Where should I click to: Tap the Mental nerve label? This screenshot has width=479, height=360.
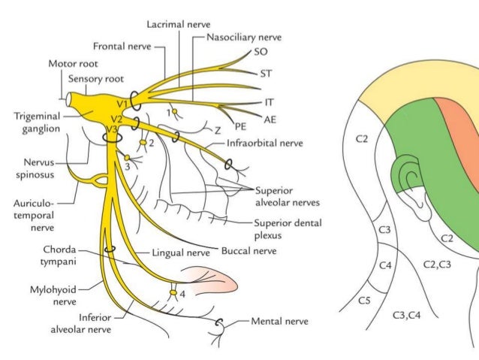[282, 320]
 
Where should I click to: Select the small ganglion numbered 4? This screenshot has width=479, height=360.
[173, 292]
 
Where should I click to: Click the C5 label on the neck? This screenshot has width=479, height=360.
[363, 301]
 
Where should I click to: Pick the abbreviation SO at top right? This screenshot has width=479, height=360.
[263, 53]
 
